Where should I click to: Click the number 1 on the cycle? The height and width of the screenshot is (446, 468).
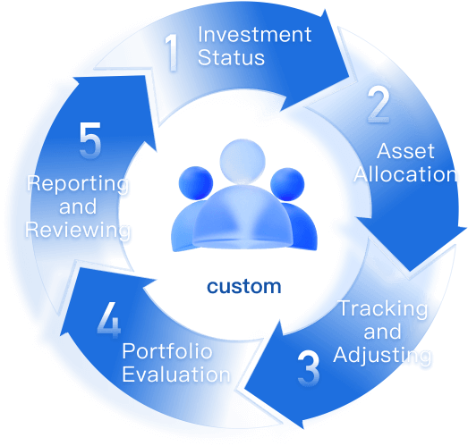point(172,52)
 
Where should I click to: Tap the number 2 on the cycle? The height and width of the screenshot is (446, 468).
point(379,105)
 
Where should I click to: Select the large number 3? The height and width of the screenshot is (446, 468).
point(309,369)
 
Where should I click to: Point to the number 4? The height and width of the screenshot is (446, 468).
point(109,320)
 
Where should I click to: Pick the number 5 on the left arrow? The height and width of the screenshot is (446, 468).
point(90,139)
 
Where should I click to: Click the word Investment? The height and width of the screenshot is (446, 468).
point(255,35)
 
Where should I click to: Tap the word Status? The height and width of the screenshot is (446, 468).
point(231,57)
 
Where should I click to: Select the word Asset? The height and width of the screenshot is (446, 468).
point(405,151)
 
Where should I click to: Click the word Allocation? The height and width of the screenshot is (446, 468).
point(405,174)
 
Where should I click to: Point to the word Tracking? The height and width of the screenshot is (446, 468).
point(384,309)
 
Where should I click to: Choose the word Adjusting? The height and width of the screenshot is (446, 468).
point(382,356)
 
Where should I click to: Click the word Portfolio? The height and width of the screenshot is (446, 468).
point(167,351)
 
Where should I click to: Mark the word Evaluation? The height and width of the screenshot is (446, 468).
point(176,374)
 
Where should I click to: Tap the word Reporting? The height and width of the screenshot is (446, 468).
point(78,184)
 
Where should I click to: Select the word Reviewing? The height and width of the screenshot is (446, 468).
point(78,231)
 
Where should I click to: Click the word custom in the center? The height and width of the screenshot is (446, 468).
point(244,287)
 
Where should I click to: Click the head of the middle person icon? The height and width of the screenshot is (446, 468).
point(243,161)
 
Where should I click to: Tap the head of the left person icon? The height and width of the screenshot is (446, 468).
point(196,183)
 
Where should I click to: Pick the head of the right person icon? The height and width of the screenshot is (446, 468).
point(287,184)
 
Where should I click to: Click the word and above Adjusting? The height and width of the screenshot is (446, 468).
point(382,332)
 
